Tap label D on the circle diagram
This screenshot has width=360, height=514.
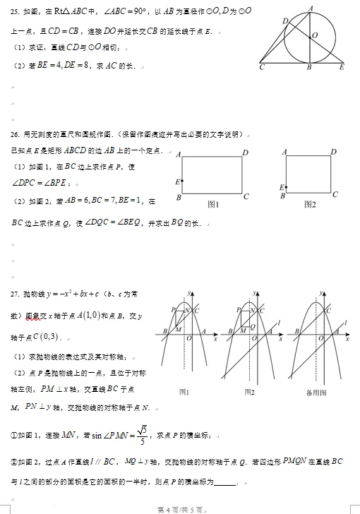coord(285,22)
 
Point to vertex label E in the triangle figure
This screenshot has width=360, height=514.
coord(342,68)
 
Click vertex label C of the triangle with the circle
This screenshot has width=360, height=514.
coord(262,68)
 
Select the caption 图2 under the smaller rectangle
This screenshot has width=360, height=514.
coord(309,204)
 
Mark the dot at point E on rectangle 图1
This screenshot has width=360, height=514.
coord(183,181)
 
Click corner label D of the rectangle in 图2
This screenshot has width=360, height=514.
coord(335,153)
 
